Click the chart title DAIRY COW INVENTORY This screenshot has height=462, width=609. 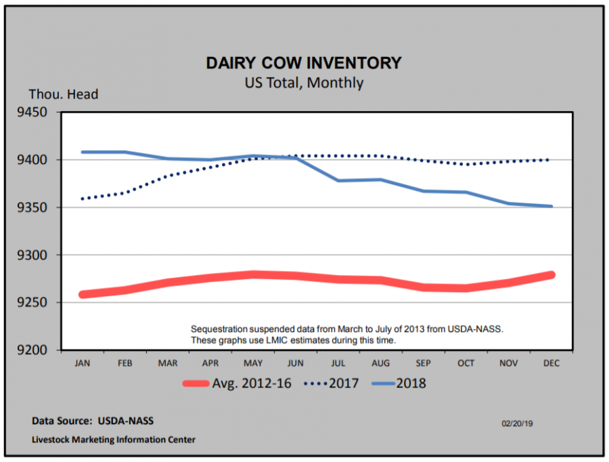click(x=304, y=63)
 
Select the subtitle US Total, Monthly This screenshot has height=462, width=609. click(x=304, y=83)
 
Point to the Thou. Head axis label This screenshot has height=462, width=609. click(x=64, y=95)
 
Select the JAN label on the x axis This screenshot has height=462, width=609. click(x=83, y=363)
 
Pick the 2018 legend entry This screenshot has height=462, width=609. click(x=399, y=383)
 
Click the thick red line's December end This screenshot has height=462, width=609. click(x=551, y=275)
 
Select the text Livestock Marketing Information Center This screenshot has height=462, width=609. click(x=114, y=440)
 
